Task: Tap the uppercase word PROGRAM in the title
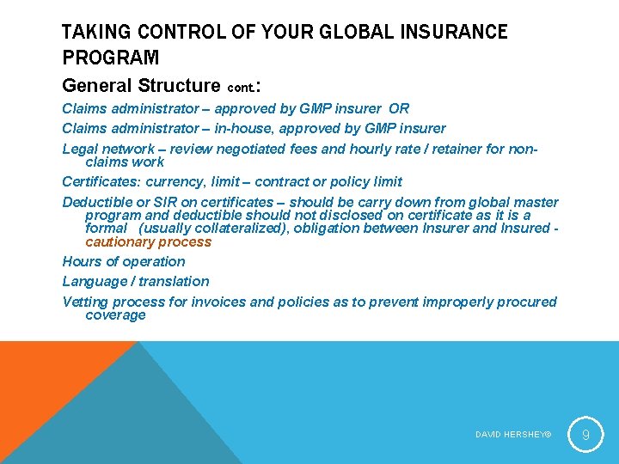pyautogui.click(x=110, y=58)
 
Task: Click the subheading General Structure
pyautogui.click(x=141, y=85)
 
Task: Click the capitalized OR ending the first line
pyautogui.click(x=399, y=109)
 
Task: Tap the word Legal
pyautogui.click(x=80, y=149)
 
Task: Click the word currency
pyautogui.click(x=175, y=182)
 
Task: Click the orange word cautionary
pyautogui.click(x=120, y=241)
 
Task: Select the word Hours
pyautogui.click(x=81, y=261)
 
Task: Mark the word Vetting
pyautogui.click(x=85, y=302)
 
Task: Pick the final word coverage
pyautogui.click(x=115, y=314)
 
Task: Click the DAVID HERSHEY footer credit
pyautogui.click(x=512, y=435)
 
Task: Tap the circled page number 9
pyautogui.click(x=585, y=434)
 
